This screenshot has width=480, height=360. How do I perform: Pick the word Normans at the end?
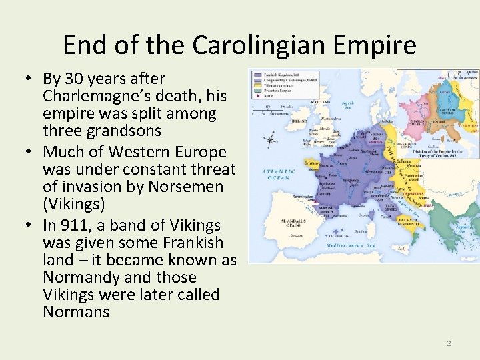75,312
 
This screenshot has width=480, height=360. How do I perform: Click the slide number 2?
449,343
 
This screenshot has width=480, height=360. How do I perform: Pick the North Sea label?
348,105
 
